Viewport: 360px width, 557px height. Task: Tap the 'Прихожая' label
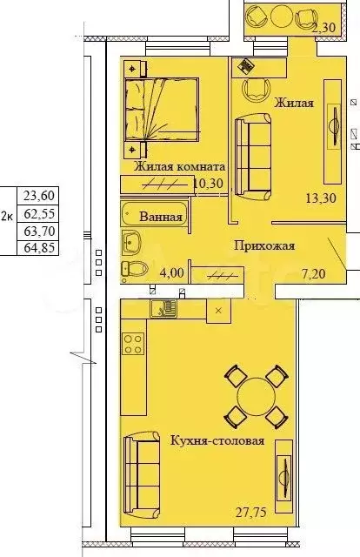pos(264,246)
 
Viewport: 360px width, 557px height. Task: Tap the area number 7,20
pos(312,272)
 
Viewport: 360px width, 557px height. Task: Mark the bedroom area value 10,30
pos(210,184)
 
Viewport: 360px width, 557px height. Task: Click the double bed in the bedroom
pos(152,109)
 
